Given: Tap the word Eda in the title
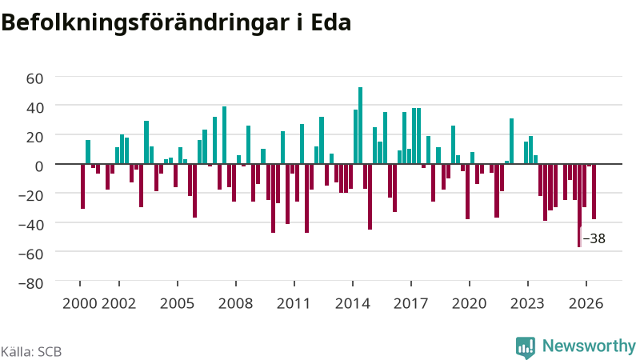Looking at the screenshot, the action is tap(331, 22).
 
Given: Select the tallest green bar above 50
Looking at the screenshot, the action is tap(360, 126).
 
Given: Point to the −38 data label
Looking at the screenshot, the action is tap(594, 238).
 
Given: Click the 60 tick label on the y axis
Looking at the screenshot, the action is tap(34, 78).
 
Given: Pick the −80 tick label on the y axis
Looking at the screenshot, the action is tap(30, 283).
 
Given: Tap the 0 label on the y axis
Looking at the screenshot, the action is tap(39, 166).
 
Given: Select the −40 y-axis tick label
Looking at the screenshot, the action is tap(30, 225).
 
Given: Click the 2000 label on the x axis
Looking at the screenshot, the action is tap(79, 303).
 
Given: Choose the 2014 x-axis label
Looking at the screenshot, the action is tap(353, 303).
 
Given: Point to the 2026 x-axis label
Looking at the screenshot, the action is tap(586, 303).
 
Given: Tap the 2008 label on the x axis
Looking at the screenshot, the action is tap(236, 303).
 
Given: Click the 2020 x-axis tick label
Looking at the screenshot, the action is tap(470, 303).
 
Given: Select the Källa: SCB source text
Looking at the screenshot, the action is tap(31, 351).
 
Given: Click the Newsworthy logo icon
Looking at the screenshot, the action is tap(526, 348).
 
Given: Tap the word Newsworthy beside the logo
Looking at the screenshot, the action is tap(589, 346).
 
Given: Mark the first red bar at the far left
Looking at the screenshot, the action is tap(83, 186).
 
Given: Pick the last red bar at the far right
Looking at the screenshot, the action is tap(594, 191).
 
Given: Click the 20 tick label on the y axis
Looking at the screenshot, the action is tap(34, 137).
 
